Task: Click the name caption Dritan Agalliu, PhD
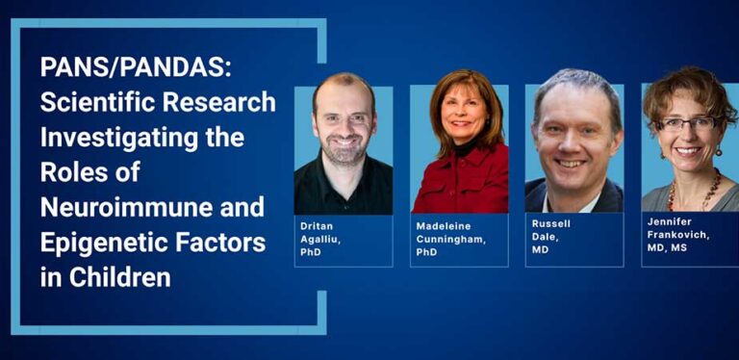point(326,239)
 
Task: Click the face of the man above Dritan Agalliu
point(344,120)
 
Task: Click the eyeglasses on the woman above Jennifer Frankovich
point(689,123)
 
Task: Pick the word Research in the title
point(231,103)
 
